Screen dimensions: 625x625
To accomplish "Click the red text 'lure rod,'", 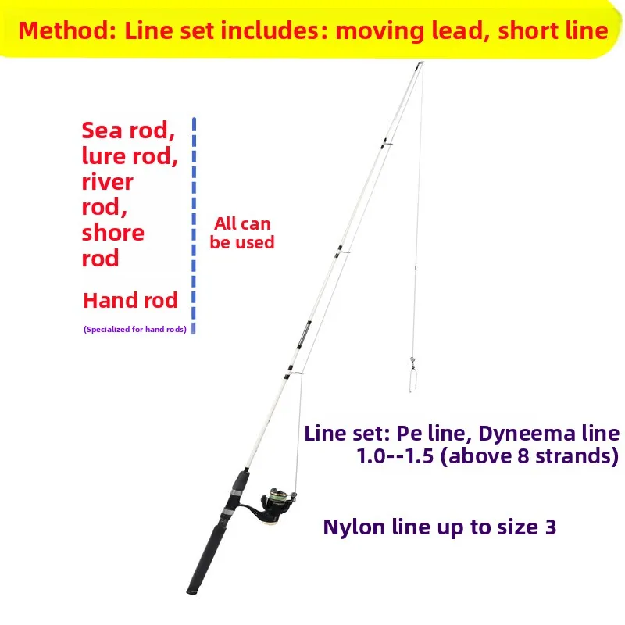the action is [x=130, y=156].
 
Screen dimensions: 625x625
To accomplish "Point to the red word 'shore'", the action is [x=113, y=233].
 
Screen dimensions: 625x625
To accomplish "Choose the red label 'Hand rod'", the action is [x=130, y=300].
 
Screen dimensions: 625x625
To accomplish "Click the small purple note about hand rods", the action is [x=134, y=330].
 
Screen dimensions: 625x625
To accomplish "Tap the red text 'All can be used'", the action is [x=242, y=234].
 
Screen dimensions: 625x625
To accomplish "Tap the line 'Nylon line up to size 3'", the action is [x=440, y=527].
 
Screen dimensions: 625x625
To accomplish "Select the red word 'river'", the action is [x=108, y=182].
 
